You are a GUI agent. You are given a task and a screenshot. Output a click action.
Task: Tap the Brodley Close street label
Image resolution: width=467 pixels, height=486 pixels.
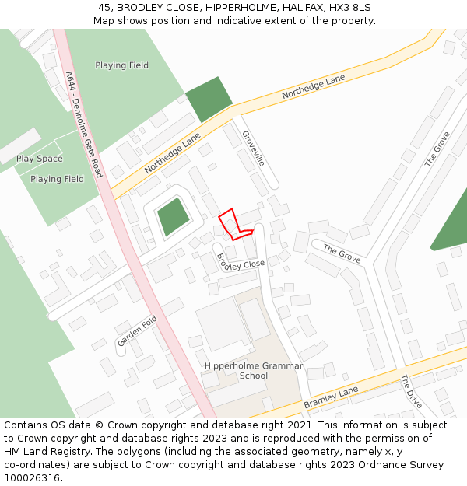point(241,262)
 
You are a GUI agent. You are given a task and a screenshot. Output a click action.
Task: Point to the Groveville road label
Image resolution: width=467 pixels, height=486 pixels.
point(254,148)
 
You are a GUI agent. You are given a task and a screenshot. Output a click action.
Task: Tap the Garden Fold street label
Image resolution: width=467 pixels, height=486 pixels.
point(138,331)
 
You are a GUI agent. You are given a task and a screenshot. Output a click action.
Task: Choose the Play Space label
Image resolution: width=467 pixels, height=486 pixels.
point(40,159)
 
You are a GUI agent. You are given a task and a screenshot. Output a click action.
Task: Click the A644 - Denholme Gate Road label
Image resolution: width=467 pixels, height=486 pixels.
point(84,124)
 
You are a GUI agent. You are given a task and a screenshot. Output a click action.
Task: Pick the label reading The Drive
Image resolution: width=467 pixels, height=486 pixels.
point(410,392)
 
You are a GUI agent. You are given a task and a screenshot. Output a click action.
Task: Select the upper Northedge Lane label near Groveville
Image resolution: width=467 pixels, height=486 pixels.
point(314,86)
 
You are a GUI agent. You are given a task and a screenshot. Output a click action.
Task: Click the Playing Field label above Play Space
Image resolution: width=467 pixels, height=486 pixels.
point(121,65)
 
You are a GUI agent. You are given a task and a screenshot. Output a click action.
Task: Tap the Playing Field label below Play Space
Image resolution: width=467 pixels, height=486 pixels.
point(57,179)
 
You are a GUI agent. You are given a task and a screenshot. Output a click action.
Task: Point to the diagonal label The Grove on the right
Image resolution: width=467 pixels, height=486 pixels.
point(437,149)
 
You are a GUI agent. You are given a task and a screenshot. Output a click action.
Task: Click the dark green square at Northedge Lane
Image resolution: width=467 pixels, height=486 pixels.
point(209,100)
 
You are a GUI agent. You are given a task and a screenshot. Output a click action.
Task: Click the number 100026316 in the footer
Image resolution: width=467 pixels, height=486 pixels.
point(31,477)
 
